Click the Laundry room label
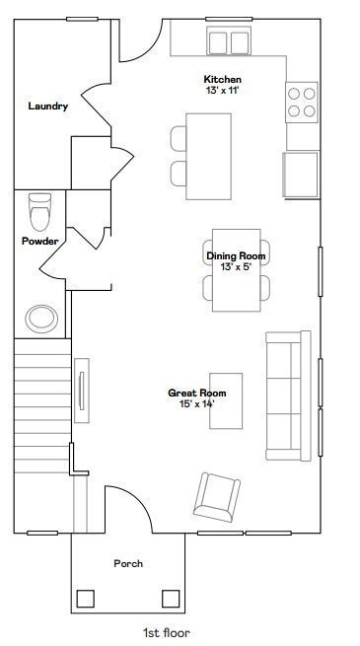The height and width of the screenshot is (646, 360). [48, 107]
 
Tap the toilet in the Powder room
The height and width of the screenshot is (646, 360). [40, 212]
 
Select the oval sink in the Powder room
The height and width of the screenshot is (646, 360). [41, 319]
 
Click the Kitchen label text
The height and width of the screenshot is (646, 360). [223, 79]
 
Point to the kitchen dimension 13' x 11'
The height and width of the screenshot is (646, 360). [223, 90]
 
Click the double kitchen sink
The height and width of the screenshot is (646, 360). [229, 41]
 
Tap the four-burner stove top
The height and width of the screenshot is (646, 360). [302, 103]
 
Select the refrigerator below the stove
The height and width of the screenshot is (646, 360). [301, 175]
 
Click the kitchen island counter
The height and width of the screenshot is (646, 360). [208, 157]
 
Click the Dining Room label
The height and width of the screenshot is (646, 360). [236, 256]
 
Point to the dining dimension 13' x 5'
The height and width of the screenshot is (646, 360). [236, 267]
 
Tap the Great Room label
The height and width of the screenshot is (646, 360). [197, 394]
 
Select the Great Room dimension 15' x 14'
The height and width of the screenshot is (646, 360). [197, 404]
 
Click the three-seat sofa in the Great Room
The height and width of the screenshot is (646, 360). [288, 395]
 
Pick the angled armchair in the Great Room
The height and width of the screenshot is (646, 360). [217, 497]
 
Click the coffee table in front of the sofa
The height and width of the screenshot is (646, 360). [226, 400]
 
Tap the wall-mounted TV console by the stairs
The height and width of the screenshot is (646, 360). [82, 391]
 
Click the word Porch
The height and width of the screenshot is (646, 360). [128, 563]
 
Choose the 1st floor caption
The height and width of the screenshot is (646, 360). [167, 633]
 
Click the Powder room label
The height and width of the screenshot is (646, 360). [40, 242]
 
